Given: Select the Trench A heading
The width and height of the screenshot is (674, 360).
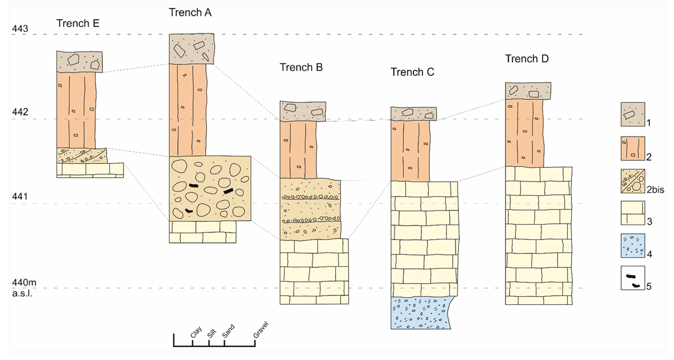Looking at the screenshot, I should tap(190, 12).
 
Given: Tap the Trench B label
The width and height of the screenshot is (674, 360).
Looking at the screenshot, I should tap(301, 67).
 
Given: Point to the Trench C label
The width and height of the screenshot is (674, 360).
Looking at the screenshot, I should tap(412, 72).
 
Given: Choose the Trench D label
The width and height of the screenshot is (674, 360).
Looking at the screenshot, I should tap(527, 59).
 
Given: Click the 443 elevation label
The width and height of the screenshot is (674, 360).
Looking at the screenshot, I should tap(20, 29).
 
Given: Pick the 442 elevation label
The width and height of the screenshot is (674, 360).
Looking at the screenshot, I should tap(20, 112).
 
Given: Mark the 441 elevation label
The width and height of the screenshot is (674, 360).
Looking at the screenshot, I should tap(20, 197).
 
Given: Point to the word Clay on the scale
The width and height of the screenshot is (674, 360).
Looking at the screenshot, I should tap(196, 333).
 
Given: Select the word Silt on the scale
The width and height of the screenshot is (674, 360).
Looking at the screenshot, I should tap(211, 332).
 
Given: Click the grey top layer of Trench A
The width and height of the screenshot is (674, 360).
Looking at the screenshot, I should tap(192, 49).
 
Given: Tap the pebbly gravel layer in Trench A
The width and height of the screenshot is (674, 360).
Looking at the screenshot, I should tap(210, 188).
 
